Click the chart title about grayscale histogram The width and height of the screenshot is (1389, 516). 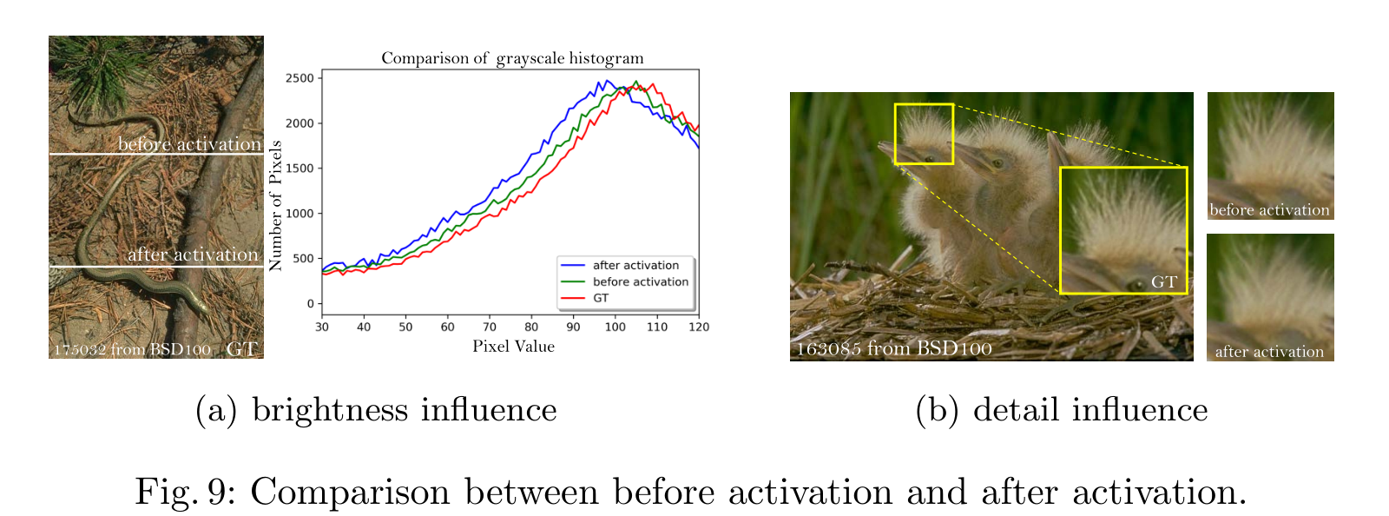(x=512, y=58)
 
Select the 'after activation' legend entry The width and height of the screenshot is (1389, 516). (x=635, y=265)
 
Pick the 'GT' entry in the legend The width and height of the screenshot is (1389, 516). (x=601, y=298)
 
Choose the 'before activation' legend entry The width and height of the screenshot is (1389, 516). (x=640, y=281)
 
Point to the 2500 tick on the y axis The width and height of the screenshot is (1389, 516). (x=300, y=78)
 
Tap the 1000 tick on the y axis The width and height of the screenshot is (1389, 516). (x=300, y=214)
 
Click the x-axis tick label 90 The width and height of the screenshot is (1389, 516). (x=573, y=327)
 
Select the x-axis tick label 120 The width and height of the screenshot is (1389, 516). (x=698, y=327)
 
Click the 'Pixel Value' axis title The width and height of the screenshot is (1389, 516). (x=513, y=347)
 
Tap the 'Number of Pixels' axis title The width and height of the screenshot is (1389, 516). (x=276, y=207)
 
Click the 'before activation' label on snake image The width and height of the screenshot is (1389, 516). (x=189, y=144)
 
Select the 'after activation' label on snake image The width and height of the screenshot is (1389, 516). (x=193, y=255)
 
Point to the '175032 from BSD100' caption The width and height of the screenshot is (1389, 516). (x=132, y=350)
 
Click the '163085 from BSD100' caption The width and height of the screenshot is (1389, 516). (x=894, y=349)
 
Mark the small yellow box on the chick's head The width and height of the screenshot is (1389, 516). (x=924, y=134)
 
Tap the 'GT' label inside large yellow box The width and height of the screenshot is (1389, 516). (x=1163, y=282)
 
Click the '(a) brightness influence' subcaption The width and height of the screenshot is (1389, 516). (x=376, y=409)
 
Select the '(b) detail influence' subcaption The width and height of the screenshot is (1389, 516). (x=1061, y=409)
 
